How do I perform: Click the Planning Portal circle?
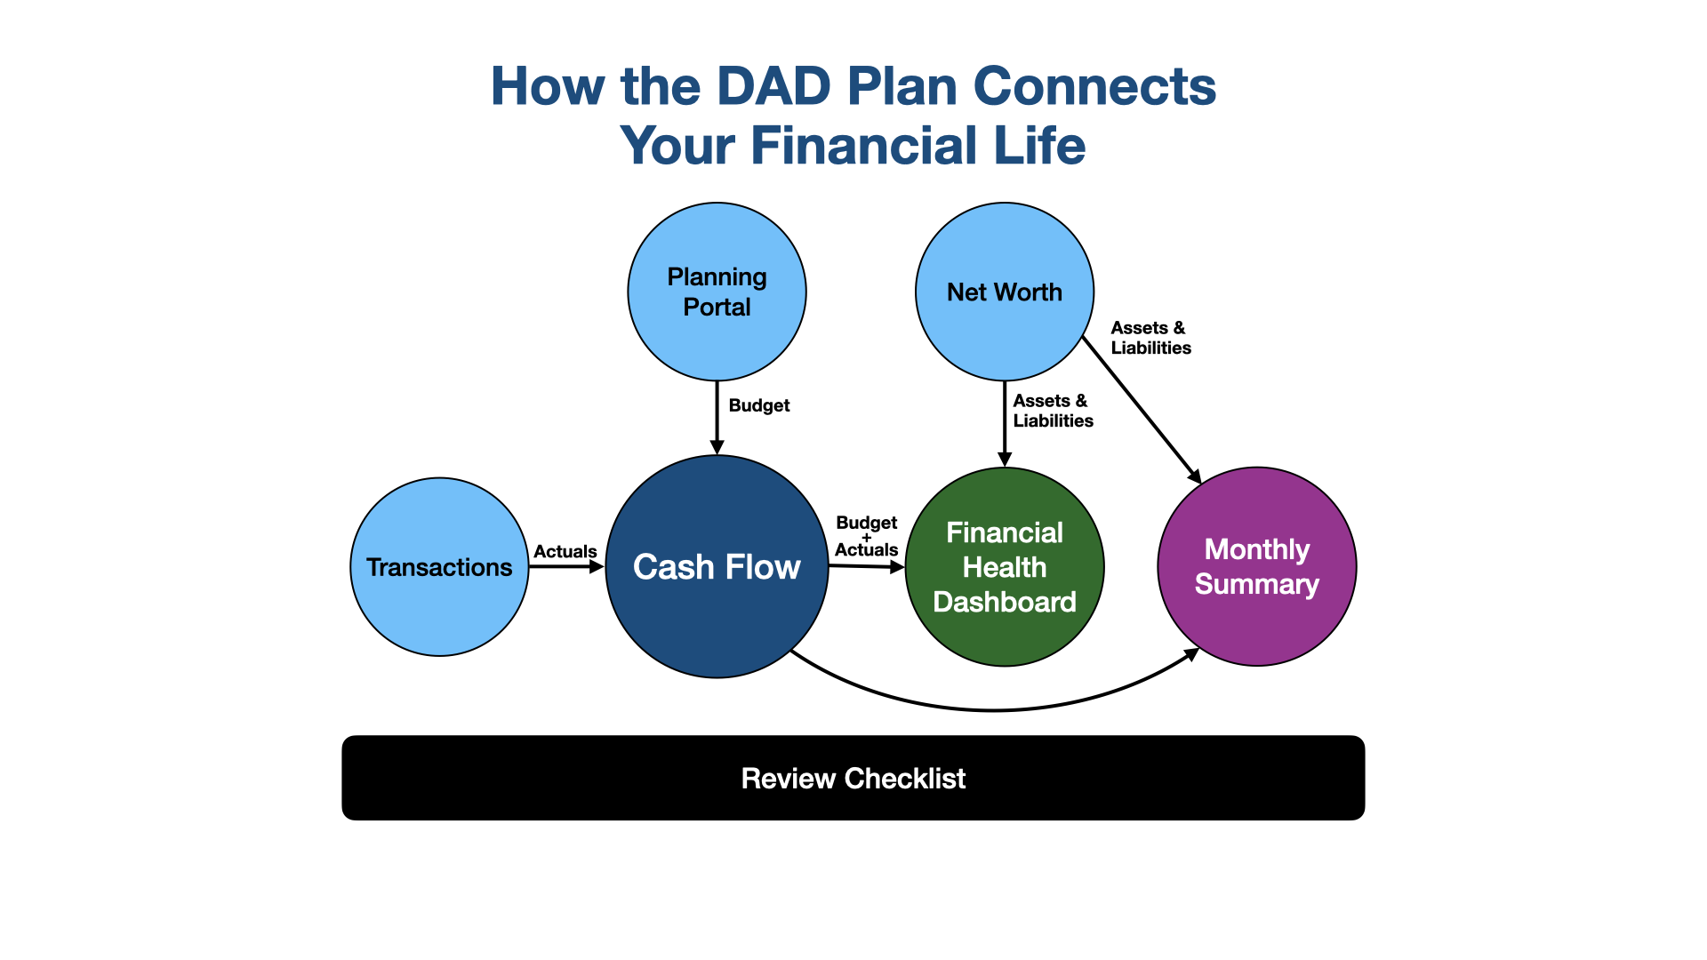(717, 292)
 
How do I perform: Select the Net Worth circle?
(1005, 292)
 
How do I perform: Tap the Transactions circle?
(439, 567)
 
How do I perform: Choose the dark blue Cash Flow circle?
(717, 567)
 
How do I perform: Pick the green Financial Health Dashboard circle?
(1005, 567)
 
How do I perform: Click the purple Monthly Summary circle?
(1257, 567)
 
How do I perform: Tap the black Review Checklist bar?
(853, 778)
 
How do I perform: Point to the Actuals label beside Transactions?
(565, 551)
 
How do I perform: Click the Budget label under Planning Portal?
(759, 405)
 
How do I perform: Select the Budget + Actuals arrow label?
(867, 536)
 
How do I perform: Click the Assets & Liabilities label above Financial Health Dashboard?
(1054, 411)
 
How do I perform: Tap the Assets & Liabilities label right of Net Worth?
(1151, 338)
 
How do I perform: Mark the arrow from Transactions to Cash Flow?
(566, 567)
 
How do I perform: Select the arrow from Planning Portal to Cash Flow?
(717, 418)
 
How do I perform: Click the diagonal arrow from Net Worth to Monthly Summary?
(1142, 410)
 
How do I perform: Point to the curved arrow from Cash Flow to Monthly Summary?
(994, 710)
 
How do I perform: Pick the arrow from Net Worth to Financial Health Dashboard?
(1005, 424)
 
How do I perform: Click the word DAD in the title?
(773, 86)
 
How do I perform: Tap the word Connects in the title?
(1094, 86)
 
